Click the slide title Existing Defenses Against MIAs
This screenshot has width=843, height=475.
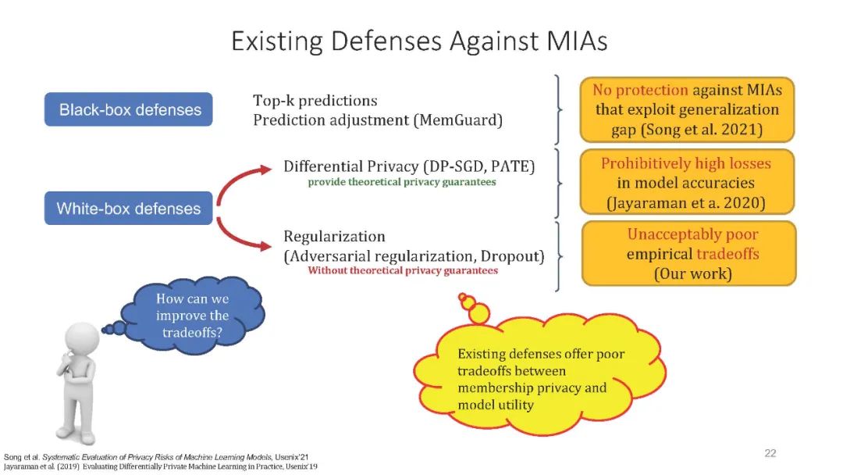click(419, 40)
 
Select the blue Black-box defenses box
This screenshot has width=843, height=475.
click(130, 110)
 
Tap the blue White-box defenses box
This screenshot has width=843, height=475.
click(129, 209)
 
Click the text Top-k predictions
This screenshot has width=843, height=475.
click(315, 101)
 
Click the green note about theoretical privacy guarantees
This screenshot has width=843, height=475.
click(401, 182)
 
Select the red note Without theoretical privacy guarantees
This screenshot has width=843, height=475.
click(403, 270)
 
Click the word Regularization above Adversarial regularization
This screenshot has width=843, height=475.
click(334, 236)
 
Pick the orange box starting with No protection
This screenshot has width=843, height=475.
click(688, 109)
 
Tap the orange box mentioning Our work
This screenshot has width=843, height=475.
click(688, 253)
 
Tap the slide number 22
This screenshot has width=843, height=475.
click(770, 453)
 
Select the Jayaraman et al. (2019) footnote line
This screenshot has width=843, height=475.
click(160, 466)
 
